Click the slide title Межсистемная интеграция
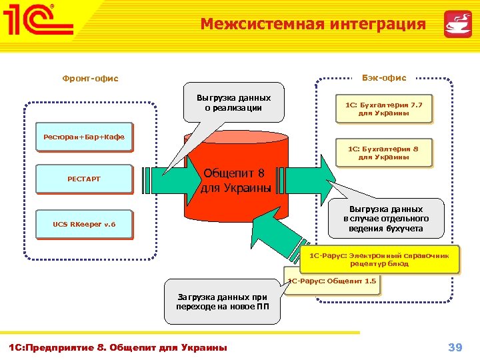coord(313,25)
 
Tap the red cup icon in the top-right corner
coord(458,24)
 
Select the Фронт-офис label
coord(90,79)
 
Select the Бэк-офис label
coord(384,78)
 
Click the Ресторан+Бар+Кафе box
coord(84,137)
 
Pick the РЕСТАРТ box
coord(84,179)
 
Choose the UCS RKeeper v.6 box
coord(84,224)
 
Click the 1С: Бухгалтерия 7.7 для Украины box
coord(383,109)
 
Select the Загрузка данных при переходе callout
coord(222,302)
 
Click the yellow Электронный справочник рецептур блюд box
coord(379,260)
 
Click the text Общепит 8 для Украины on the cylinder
coord(236,181)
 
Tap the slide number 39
coord(455,347)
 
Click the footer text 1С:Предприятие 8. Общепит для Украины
coord(117,347)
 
